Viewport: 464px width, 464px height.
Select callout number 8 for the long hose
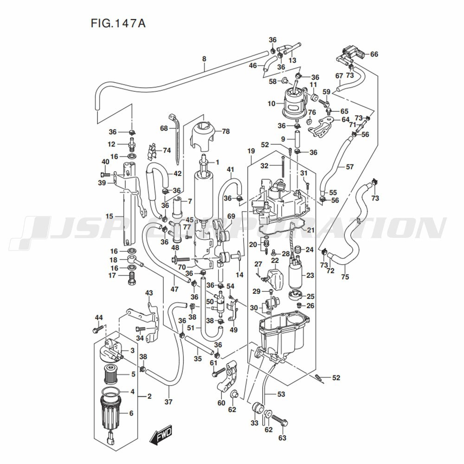click(x=204, y=59)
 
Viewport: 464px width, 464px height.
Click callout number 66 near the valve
click(x=374, y=54)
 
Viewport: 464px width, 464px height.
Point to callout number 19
click(x=251, y=151)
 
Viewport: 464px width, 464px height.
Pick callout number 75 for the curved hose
click(x=345, y=277)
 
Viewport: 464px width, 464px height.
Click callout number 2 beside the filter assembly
click(x=149, y=396)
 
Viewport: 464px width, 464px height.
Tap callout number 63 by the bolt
click(x=283, y=438)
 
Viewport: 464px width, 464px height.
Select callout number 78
click(x=226, y=132)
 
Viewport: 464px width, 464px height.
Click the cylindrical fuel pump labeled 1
click(x=203, y=195)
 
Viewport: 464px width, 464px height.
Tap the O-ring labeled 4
click(x=111, y=393)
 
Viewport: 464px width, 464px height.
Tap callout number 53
click(x=281, y=395)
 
